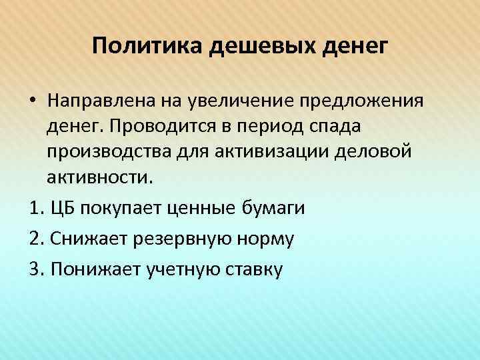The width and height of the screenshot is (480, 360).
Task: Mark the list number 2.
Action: coord(35,239)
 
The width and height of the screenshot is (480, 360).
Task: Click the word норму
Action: coord(265,239)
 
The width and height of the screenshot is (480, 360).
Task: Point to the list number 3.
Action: coord(35,269)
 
